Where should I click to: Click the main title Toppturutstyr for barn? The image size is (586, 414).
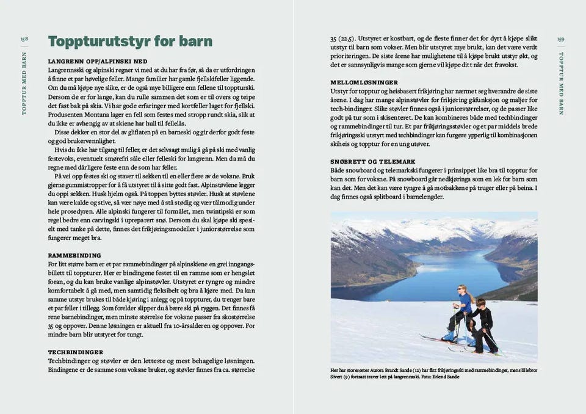130,42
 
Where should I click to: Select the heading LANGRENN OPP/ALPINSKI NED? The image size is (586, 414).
98,62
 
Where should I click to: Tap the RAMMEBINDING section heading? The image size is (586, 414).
74,255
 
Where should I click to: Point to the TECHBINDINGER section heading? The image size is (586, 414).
75,352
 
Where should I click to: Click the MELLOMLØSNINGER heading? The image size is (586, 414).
364,82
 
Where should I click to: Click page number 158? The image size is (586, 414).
24,38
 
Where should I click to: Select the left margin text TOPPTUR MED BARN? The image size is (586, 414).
24,83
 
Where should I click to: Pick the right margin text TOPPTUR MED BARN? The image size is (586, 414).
561,83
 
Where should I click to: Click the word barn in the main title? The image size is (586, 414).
195,42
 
